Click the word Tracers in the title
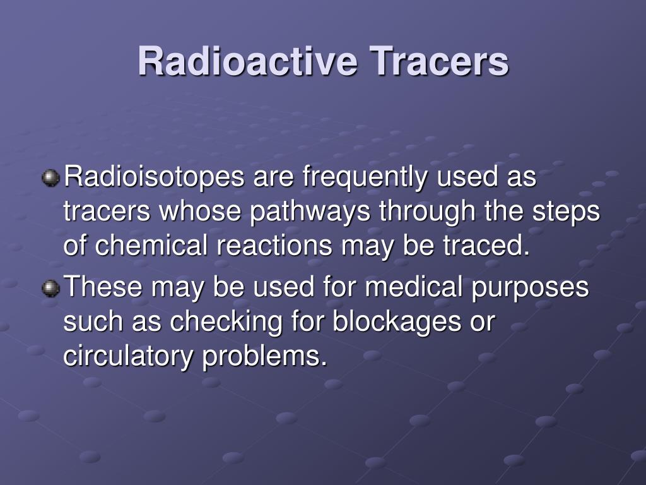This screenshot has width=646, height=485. pos(439,62)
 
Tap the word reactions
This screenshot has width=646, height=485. pos(273,246)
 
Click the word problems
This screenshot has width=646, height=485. pos(265,357)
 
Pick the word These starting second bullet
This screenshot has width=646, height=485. pos(104,288)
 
